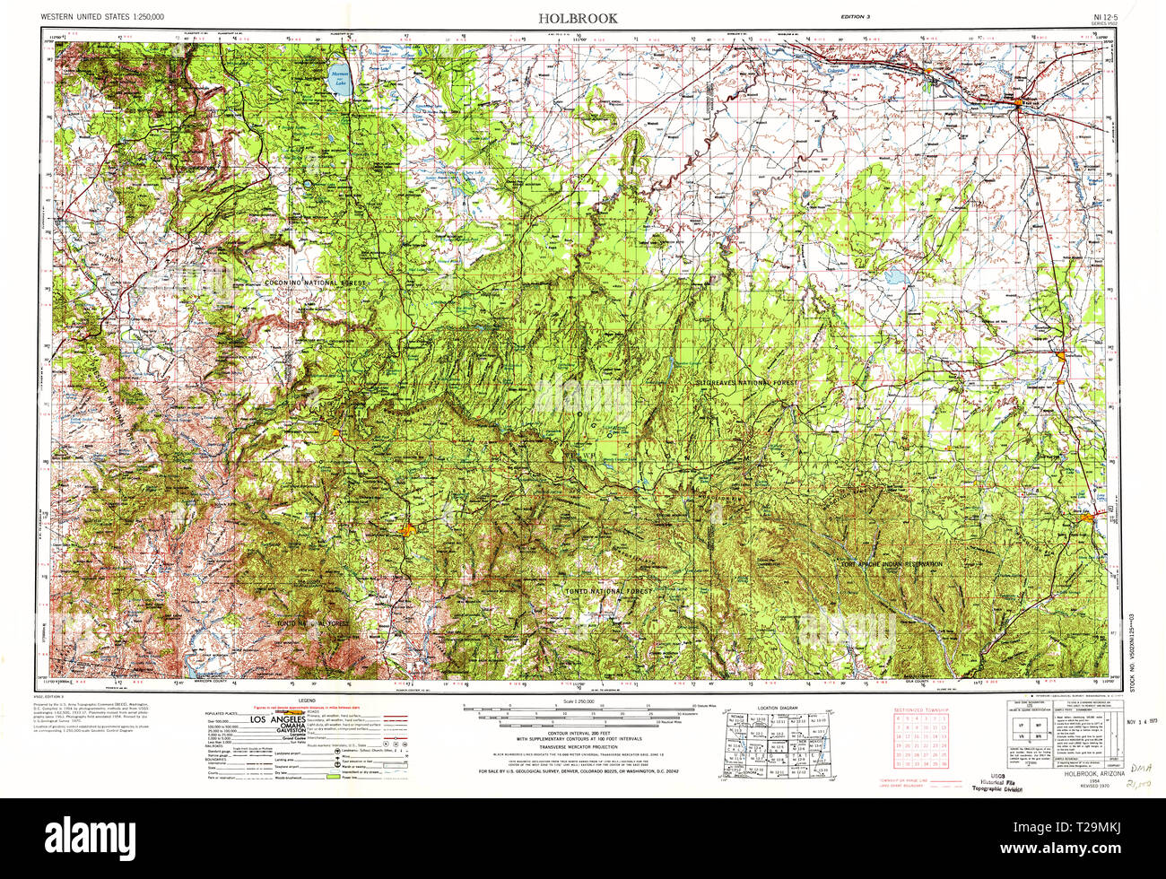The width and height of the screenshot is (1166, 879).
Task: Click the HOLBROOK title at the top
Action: point(577,18)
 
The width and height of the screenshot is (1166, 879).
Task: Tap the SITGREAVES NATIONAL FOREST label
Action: point(746,382)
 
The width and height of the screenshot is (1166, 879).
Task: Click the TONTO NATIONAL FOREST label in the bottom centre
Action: point(612,592)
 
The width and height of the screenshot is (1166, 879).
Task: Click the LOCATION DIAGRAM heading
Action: point(777,709)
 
